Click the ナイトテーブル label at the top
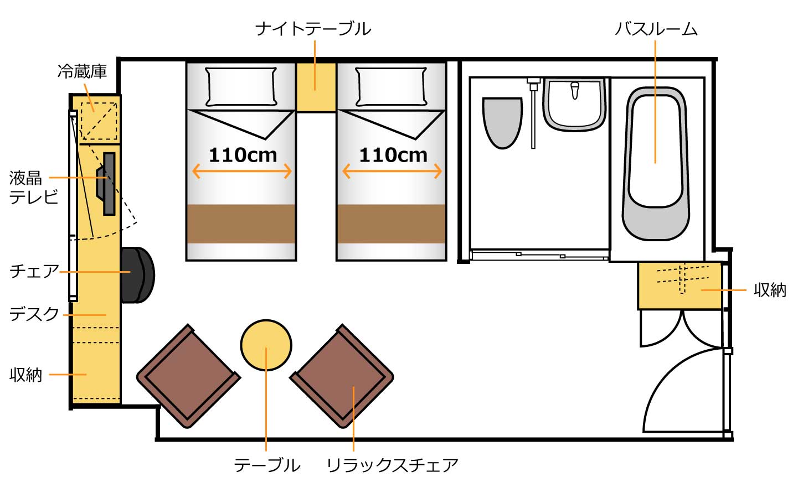(x=313, y=29)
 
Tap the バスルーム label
(x=656, y=29)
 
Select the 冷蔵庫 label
(x=82, y=71)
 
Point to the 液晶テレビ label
(x=33, y=188)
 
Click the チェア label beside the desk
(x=34, y=271)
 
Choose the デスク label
(x=34, y=314)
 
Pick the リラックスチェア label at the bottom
(x=392, y=465)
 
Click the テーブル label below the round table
(x=267, y=465)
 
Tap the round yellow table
(x=266, y=345)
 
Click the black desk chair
(x=138, y=275)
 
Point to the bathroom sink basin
(x=575, y=105)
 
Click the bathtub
(x=656, y=163)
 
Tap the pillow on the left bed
(x=241, y=87)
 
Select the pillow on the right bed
(x=391, y=87)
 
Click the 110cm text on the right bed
(x=393, y=155)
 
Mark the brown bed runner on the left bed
(x=241, y=224)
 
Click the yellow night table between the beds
(x=316, y=87)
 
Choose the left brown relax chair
(x=188, y=376)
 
